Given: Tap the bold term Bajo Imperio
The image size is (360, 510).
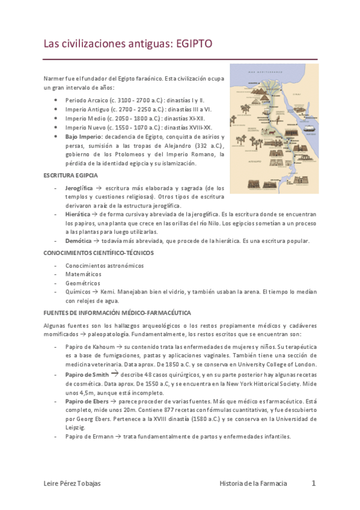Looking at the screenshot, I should coord(83,137).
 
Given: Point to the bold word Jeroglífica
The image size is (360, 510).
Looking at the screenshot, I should coord(79,188).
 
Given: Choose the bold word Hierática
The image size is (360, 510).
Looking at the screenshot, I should coord(78,214).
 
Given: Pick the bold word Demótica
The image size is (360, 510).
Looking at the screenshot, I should coord(78,241).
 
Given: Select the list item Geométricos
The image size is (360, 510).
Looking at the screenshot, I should coord(83,283).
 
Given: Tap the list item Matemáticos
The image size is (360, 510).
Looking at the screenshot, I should coord(84,274).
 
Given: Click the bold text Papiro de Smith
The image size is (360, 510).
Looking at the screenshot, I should coord(88,374).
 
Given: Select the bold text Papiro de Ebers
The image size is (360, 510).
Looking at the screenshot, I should coord(88,401).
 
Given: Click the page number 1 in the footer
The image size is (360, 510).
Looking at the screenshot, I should coord(313,483).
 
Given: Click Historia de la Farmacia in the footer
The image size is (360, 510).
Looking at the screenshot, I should coord(253,484).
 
